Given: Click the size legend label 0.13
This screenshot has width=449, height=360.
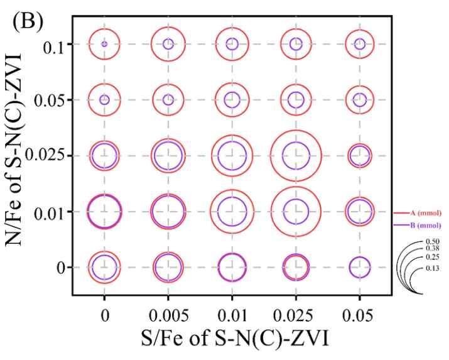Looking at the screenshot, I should click(x=431, y=268).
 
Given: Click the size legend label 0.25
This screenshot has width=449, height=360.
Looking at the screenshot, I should click(x=431, y=258).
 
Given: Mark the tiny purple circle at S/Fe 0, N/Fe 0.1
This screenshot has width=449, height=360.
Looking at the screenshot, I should click(x=104, y=44).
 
